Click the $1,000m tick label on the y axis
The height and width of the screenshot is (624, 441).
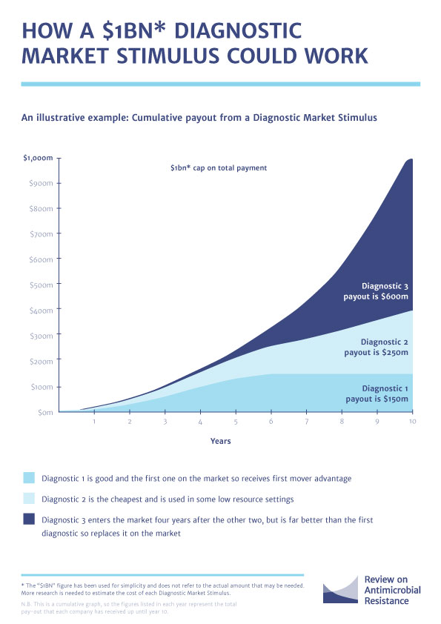pyautogui.click(x=38, y=158)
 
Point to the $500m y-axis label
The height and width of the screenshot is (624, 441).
pyautogui.click(x=41, y=285)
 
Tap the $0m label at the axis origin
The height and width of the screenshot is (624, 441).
pyautogui.click(x=45, y=412)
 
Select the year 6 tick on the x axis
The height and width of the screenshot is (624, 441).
pyautogui.click(x=271, y=421)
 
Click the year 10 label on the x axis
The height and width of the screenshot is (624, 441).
pyautogui.click(x=412, y=421)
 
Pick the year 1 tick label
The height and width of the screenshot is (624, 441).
pyautogui.click(x=94, y=421)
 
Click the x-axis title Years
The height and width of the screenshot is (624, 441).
pyautogui.click(x=221, y=441)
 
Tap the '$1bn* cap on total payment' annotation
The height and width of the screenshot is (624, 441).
pyautogui.click(x=219, y=168)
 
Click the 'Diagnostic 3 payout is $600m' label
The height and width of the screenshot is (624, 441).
pyautogui.click(x=376, y=291)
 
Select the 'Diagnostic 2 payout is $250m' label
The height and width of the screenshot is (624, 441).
pyautogui.click(x=376, y=347)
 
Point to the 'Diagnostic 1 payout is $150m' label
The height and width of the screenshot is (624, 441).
pyautogui.click(x=377, y=394)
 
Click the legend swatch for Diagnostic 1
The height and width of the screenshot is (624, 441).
pyautogui.click(x=29, y=477)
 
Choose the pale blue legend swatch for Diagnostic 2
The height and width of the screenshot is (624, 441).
pyautogui.click(x=29, y=498)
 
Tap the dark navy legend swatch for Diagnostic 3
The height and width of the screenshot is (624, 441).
pyautogui.click(x=29, y=519)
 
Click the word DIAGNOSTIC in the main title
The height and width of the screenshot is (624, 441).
pyautogui.click(x=238, y=31)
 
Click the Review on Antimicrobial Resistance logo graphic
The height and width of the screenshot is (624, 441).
pyautogui.click(x=341, y=589)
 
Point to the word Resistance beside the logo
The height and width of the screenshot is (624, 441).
pyautogui.click(x=386, y=600)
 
